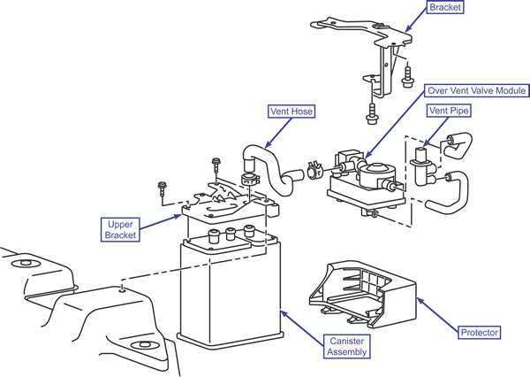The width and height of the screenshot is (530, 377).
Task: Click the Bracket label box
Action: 445,7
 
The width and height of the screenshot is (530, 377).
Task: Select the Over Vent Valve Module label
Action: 477,90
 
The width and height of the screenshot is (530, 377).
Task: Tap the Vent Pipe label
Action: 449,111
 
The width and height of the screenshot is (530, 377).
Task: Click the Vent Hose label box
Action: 291,112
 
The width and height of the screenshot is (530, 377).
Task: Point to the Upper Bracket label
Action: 120,230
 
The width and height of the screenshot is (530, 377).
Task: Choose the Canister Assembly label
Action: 347,347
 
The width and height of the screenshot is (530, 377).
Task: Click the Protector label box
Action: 480,332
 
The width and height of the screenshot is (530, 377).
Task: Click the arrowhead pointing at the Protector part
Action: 420,300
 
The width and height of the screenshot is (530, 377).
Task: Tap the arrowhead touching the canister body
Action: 284,314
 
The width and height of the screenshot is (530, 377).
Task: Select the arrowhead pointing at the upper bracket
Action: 178,216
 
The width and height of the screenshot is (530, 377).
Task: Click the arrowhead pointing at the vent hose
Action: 267,145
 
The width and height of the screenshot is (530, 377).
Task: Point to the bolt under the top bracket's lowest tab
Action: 372,115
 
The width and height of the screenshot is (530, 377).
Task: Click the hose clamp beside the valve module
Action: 315,170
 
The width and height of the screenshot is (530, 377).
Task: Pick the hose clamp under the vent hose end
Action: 249,180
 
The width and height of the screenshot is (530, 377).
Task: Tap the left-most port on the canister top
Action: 214,235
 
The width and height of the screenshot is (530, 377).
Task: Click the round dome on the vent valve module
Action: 377,169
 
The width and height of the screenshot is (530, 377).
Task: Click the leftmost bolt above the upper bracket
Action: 163,188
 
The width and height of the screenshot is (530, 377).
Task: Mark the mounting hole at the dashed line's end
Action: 122,289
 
